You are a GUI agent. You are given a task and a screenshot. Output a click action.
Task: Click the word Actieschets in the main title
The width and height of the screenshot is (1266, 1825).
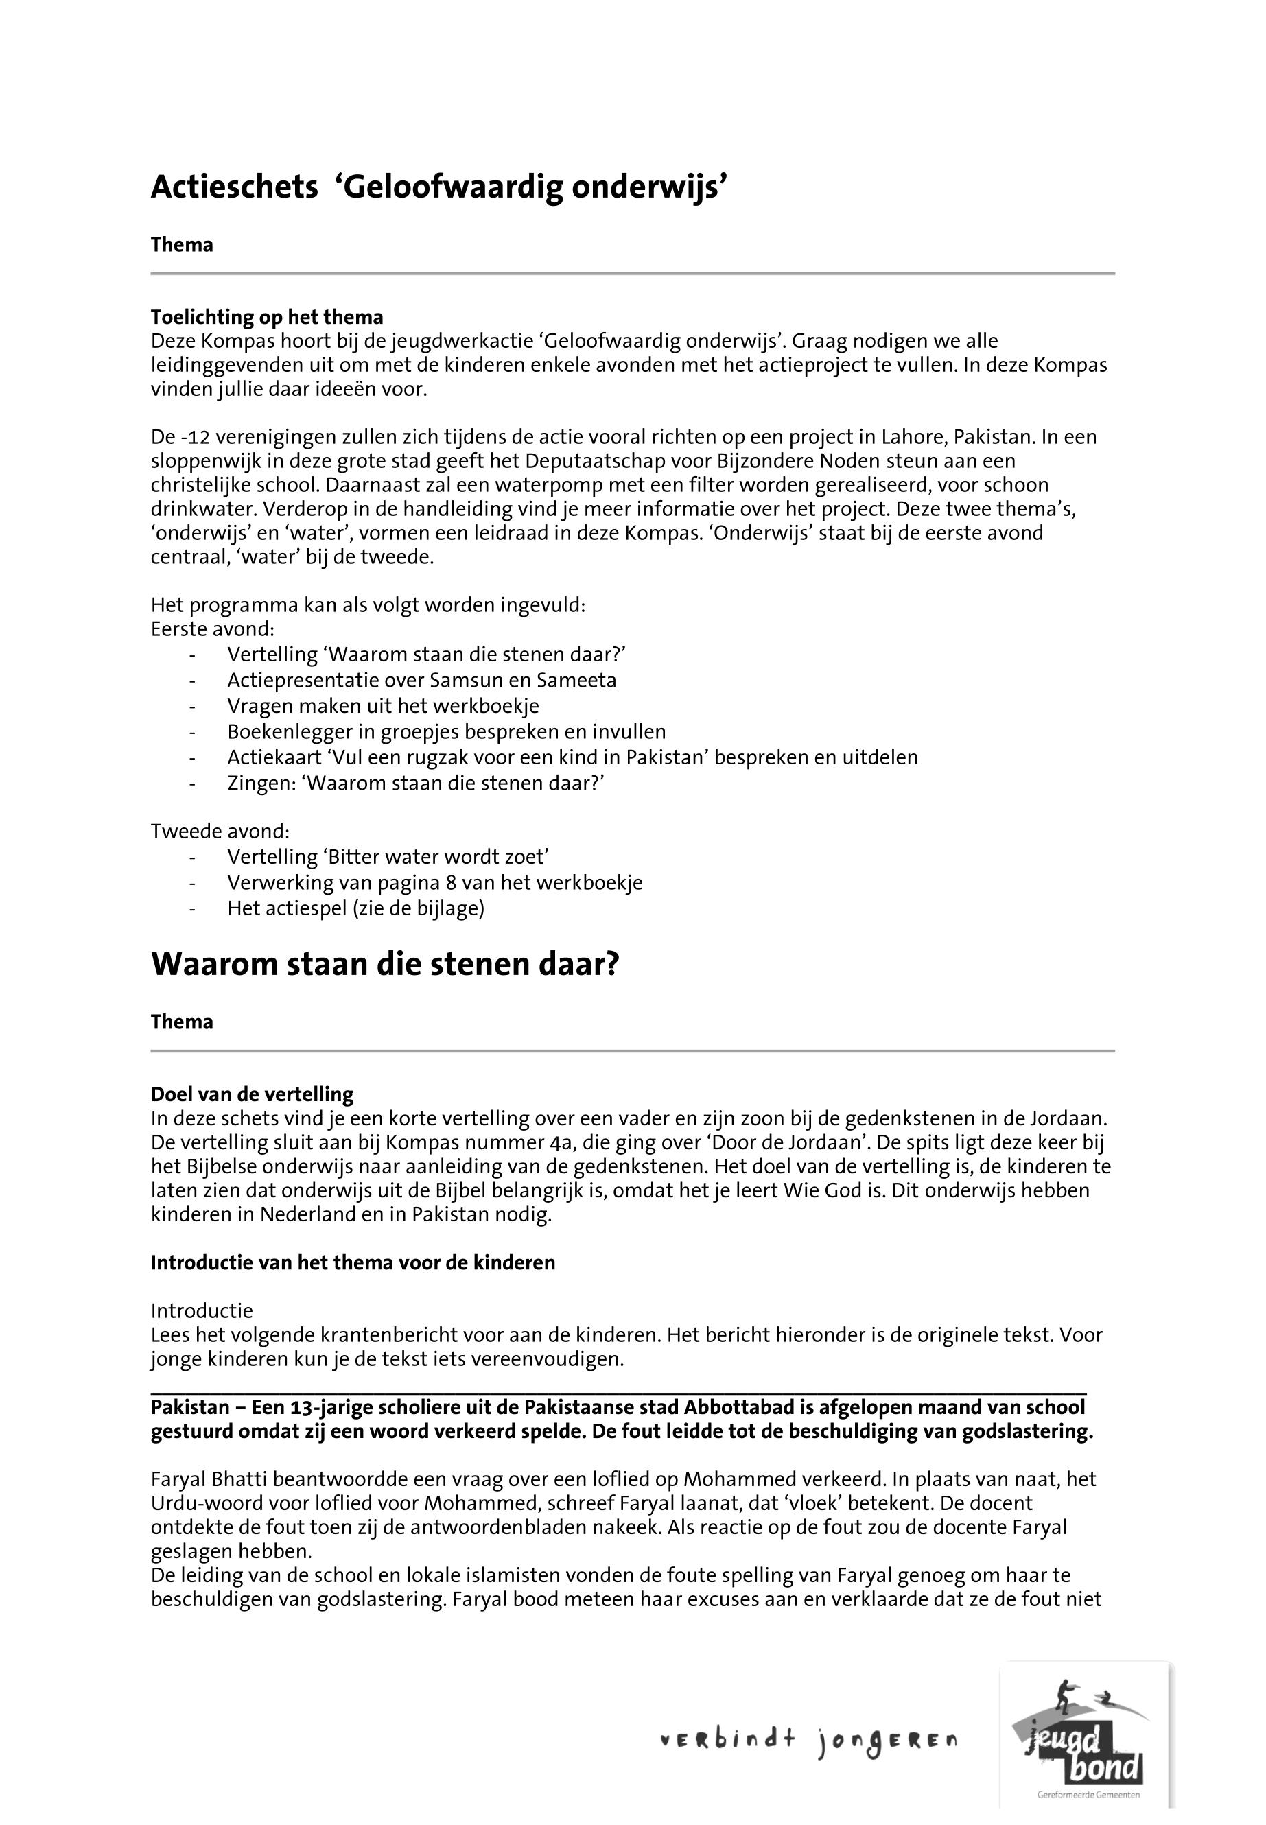(x=234, y=188)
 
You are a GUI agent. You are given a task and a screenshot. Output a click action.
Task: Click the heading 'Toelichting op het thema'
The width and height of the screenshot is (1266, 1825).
(x=266, y=317)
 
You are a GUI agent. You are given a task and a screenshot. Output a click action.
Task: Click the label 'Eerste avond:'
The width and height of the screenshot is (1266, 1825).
(x=213, y=629)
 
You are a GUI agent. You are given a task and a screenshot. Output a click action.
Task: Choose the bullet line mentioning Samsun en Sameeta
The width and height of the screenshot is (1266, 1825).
(x=421, y=681)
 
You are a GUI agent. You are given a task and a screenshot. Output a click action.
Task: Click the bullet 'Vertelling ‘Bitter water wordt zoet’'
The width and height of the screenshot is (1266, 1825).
(x=388, y=857)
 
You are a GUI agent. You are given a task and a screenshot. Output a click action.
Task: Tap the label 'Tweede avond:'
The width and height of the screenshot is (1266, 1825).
(x=220, y=832)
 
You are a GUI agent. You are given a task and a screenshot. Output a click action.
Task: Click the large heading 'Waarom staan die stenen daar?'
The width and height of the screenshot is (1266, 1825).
(x=385, y=965)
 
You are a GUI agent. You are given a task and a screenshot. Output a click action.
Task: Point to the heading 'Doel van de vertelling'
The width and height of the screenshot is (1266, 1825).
(x=253, y=1094)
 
